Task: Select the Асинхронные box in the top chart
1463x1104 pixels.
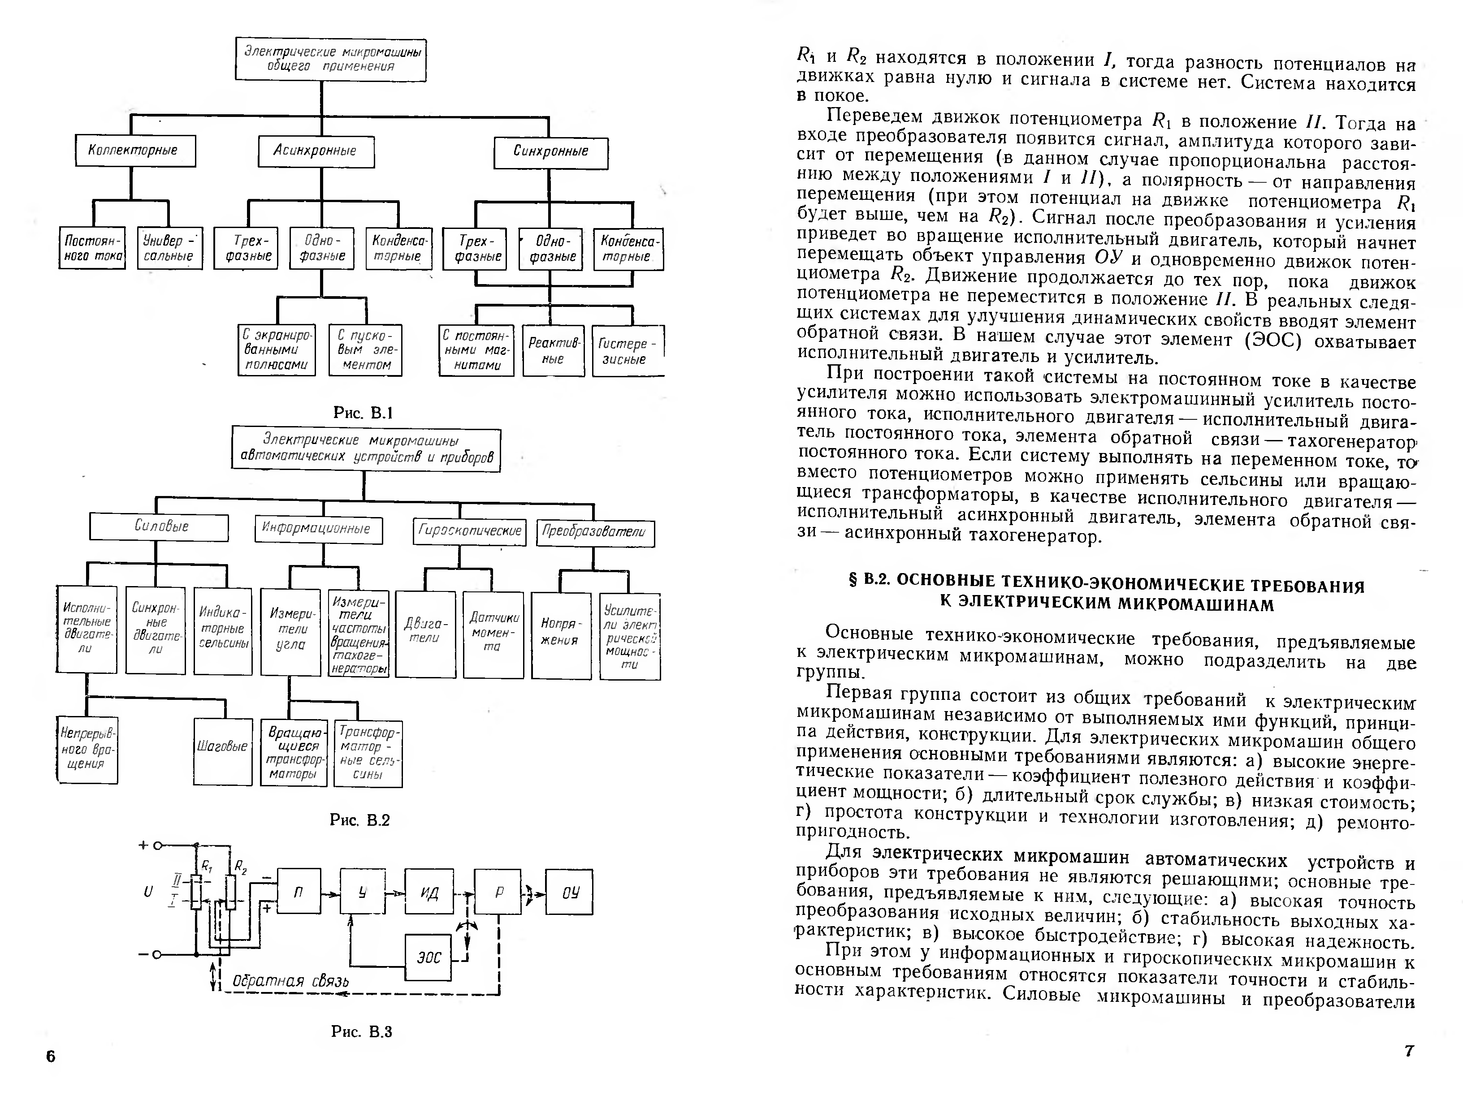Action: click(x=316, y=151)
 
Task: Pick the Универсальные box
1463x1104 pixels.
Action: click(x=169, y=249)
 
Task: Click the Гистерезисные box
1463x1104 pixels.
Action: click(x=627, y=351)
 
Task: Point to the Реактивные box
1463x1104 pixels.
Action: click(x=554, y=351)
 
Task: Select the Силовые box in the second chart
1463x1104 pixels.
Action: click(x=160, y=527)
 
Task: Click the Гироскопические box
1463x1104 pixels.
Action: click(x=470, y=531)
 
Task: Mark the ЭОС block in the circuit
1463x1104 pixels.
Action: click(x=429, y=957)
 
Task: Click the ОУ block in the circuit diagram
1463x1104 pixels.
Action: click(x=569, y=893)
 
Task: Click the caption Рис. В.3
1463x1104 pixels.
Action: click(x=361, y=1032)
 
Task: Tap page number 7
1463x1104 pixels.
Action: click(x=1409, y=1050)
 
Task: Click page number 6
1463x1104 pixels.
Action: click(x=51, y=1056)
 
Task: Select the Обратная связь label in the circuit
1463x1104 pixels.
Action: click(x=290, y=981)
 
